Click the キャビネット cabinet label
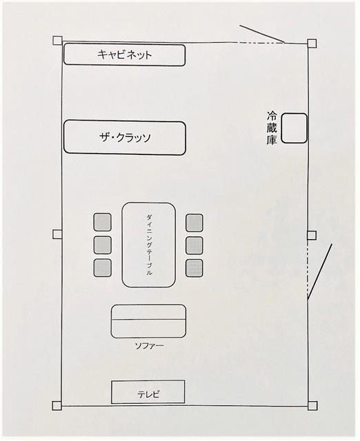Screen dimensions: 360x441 125,54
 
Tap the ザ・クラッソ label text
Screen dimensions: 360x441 125,138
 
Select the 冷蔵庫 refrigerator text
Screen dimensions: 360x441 272,128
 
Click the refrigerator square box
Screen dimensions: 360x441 294,128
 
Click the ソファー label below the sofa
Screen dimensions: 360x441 149,346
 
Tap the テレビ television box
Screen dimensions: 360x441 148,392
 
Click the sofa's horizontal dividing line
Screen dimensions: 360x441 148,320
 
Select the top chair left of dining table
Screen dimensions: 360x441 102,222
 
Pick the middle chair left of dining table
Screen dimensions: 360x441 102,245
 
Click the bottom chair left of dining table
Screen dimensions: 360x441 102,267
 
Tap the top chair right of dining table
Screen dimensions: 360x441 194,223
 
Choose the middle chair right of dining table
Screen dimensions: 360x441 194,245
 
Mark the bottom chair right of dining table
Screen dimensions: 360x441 194,268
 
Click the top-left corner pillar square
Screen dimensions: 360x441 57,40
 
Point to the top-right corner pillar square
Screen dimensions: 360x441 312,43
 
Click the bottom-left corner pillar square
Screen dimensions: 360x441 57,406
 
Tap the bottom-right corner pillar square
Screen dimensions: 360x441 312,406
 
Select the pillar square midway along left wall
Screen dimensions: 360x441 57,234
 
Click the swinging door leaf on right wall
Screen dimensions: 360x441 320,271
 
